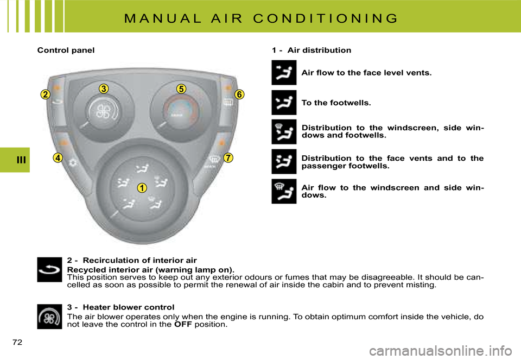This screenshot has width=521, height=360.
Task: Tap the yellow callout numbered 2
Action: tap(45, 95)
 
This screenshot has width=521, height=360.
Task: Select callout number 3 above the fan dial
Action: tap(104, 89)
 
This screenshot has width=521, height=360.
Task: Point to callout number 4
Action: tap(59, 158)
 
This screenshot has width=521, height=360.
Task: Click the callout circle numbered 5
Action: tap(181, 89)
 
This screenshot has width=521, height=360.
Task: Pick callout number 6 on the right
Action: tap(239, 95)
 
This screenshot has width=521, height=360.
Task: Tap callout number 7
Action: tap(227, 158)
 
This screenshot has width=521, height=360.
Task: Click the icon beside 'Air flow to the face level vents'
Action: tap(284, 73)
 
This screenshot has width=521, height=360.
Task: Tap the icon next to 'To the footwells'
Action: tap(284, 103)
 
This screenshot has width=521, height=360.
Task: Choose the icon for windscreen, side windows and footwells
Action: tap(284, 132)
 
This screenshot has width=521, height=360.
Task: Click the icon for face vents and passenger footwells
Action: tap(284, 161)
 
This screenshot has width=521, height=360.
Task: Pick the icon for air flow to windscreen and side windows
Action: tap(284, 191)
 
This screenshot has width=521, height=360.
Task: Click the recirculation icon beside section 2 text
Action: tap(50, 269)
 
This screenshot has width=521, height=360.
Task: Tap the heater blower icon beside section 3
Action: tap(50, 317)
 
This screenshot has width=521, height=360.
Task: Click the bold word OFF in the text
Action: tap(183, 325)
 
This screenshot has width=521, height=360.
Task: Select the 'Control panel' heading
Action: tap(66, 50)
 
